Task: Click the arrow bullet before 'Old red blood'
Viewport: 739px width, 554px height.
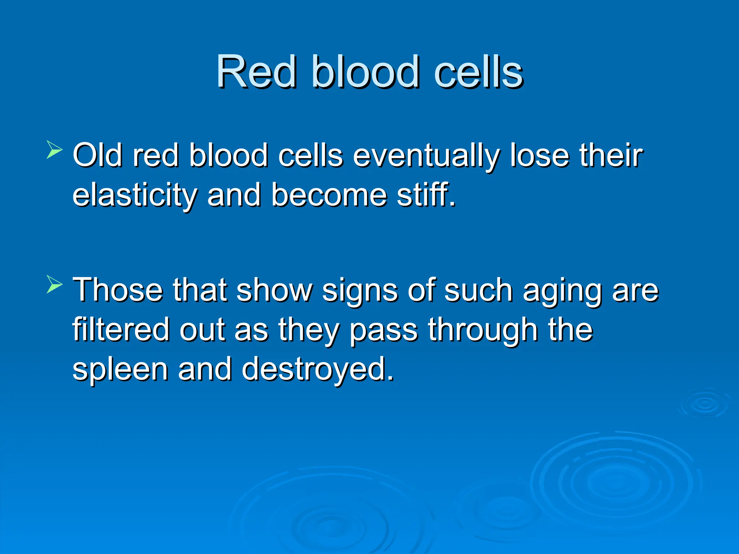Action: (54, 150)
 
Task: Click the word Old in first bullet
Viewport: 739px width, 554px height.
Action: (97, 156)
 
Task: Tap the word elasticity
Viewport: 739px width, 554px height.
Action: (134, 195)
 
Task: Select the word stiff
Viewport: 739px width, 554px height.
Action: (426, 195)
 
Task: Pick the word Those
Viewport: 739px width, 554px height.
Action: (118, 290)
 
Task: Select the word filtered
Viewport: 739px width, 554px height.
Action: (121, 329)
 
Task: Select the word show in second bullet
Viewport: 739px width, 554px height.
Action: (274, 290)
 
